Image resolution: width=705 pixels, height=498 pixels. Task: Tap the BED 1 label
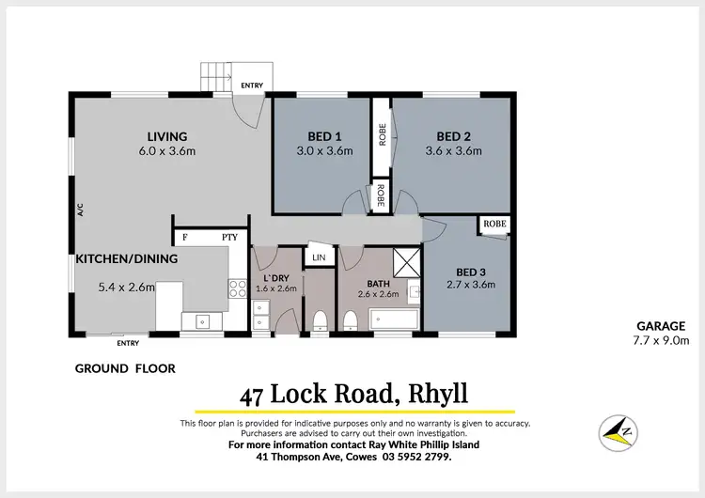(324, 135)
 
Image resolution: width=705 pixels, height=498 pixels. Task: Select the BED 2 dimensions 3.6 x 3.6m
(453, 150)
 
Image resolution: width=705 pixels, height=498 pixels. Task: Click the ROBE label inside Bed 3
(494, 225)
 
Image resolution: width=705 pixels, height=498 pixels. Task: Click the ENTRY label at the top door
(252, 86)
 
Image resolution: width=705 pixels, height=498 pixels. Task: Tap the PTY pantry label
(229, 238)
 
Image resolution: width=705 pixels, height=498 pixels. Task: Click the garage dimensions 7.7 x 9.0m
(663, 340)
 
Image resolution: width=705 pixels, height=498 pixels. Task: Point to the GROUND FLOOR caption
(125, 369)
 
